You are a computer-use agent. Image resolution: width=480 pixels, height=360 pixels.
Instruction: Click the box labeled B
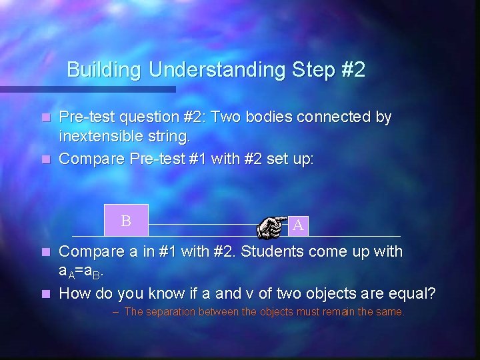pos(126,220)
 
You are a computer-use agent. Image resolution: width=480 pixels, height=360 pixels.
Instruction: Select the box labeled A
pos(298,225)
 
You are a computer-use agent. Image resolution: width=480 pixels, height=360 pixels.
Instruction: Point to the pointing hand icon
pos(273,226)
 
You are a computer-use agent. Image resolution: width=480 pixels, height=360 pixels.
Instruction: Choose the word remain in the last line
pos(336,312)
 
